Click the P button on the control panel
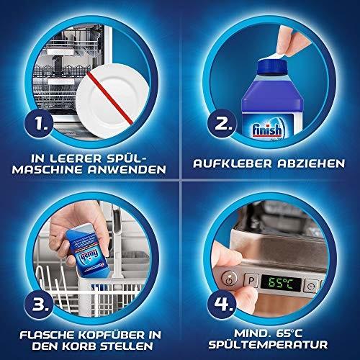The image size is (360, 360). tap(254, 277)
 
